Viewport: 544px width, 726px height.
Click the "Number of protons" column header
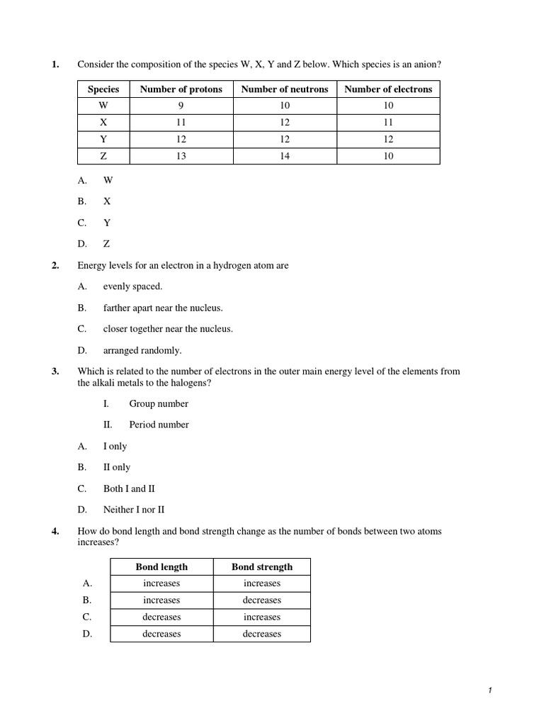click(181, 89)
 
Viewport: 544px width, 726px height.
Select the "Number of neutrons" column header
click(284, 89)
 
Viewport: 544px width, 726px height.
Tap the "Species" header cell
click(103, 89)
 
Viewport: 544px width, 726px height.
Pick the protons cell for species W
click(181, 106)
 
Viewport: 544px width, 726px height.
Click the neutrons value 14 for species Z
click(284, 156)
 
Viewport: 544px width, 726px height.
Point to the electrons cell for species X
click(387, 123)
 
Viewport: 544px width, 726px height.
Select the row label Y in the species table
click(103, 140)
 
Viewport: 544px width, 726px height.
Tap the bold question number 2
click(55, 266)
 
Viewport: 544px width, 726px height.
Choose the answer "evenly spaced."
click(132, 286)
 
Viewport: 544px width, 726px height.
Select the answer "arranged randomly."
click(142, 350)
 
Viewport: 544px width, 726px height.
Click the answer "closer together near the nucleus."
click(168, 329)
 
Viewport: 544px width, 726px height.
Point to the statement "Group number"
click(159, 403)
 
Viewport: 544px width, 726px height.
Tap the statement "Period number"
click(159, 425)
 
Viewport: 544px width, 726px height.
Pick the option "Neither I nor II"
click(136, 510)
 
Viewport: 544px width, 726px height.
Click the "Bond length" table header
click(161, 566)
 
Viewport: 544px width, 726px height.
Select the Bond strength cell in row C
click(261, 617)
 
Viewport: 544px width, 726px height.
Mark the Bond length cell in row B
click(161, 600)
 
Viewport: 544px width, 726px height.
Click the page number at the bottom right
click(489, 691)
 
